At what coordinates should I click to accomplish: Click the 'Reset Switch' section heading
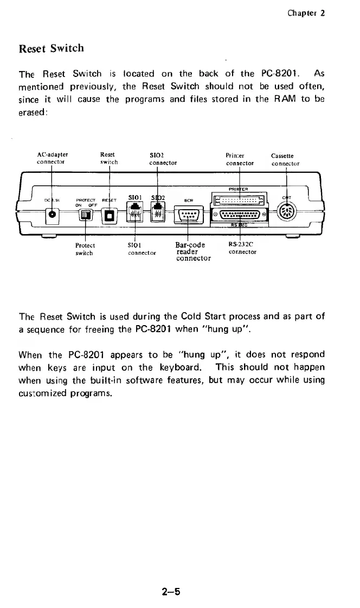coord(52,48)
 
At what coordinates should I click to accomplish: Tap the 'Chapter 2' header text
coord(306,13)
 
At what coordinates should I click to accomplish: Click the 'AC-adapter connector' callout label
coord(52,158)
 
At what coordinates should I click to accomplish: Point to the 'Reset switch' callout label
coord(109,158)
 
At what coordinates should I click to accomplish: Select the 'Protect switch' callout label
coord(85,249)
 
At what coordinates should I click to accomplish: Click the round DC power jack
coord(53,215)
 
